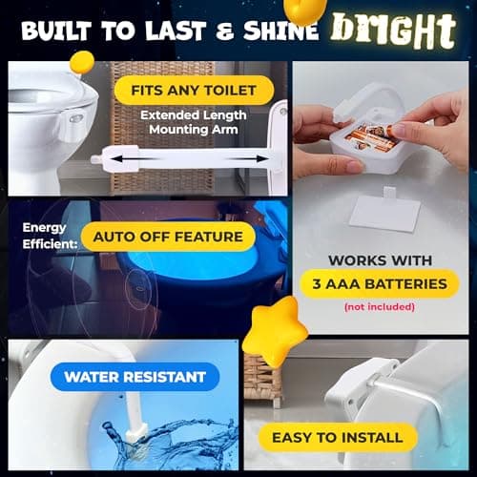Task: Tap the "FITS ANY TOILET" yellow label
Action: point(194,92)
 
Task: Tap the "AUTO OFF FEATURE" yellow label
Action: point(168,237)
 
